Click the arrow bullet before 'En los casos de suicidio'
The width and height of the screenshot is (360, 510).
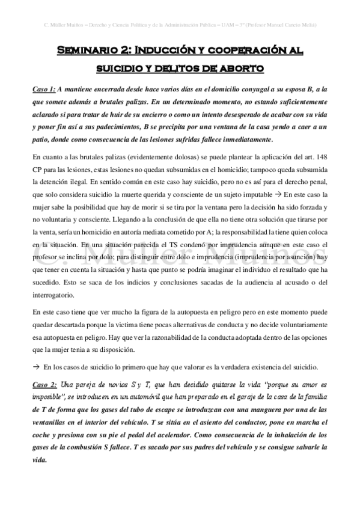[37, 367]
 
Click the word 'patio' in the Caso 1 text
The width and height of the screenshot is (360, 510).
[42, 140]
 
